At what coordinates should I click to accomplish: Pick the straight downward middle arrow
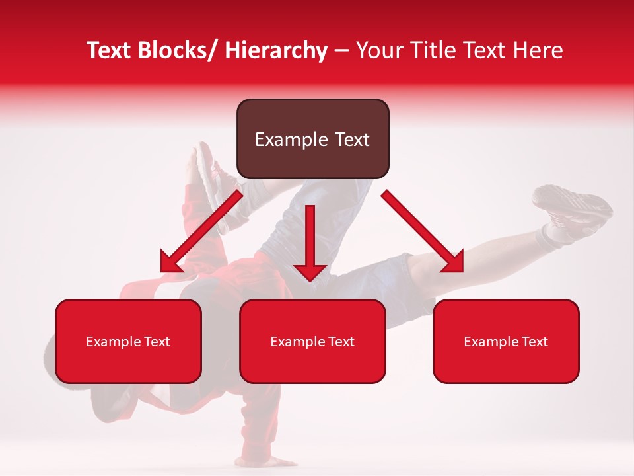click(x=310, y=242)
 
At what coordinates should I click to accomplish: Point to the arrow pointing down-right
click(x=423, y=231)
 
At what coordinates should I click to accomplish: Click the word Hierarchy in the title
click(x=276, y=50)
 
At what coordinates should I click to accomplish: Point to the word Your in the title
click(x=379, y=50)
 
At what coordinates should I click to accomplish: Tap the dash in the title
click(x=341, y=52)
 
